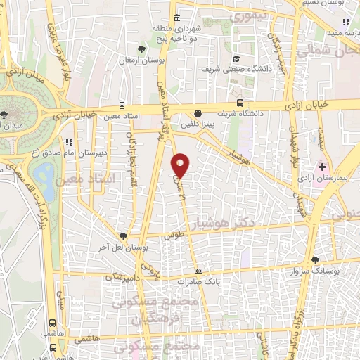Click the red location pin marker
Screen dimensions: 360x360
(181, 165)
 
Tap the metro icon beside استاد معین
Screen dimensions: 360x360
(123, 105)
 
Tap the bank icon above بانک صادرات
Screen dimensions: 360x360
(199, 271)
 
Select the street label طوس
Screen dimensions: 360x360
(174, 238)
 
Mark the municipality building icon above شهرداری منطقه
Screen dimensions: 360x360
(176, 18)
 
